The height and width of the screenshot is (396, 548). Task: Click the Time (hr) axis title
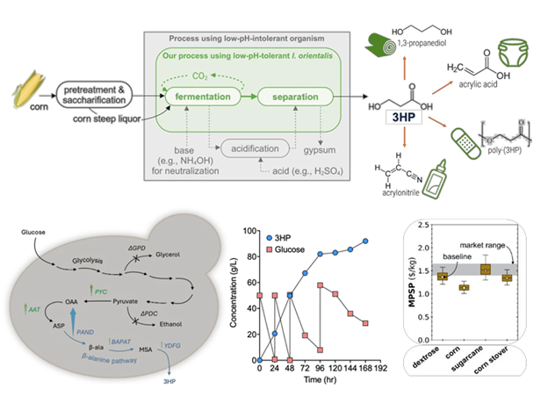[x=304, y=381]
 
